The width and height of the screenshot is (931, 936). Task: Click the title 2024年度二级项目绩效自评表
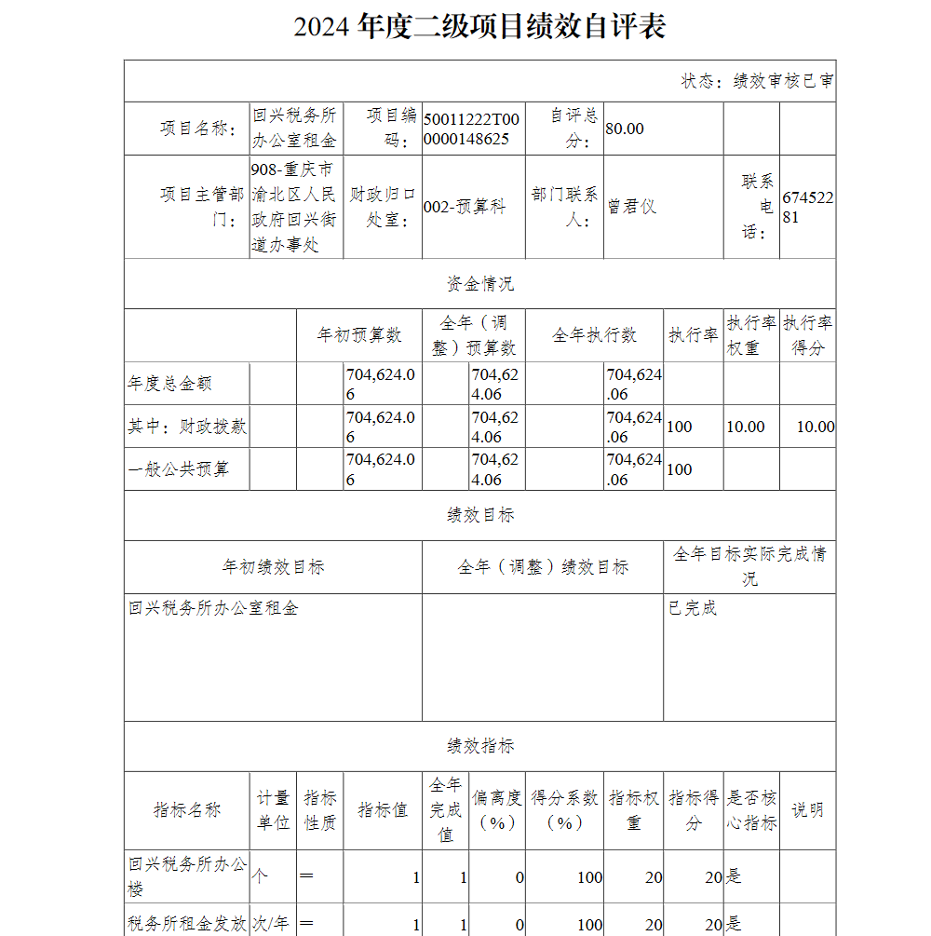(x=479, y=27)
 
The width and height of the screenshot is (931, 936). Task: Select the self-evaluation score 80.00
(x=625, y=129)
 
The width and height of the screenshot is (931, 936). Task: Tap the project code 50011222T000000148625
(x=471, y=129)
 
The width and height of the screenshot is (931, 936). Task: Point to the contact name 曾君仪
(x=632, y=207)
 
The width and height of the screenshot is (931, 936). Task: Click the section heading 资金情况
(x=479, y=284)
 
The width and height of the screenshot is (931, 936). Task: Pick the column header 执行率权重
(x=751, y=335)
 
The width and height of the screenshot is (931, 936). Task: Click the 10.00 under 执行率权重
(x=746, y=427)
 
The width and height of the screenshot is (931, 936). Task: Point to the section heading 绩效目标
(x=479, y=515)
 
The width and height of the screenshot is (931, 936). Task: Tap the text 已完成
(x=693, y=608)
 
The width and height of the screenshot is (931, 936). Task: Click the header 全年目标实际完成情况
(x=749, y=566)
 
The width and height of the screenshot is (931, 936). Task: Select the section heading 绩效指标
(x=479, y=746)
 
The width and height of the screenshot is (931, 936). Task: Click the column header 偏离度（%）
(x=497, y=810)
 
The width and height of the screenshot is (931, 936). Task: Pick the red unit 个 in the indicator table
(x=261, y=876)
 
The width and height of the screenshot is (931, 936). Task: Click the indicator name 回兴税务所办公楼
(x=187, y=876)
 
